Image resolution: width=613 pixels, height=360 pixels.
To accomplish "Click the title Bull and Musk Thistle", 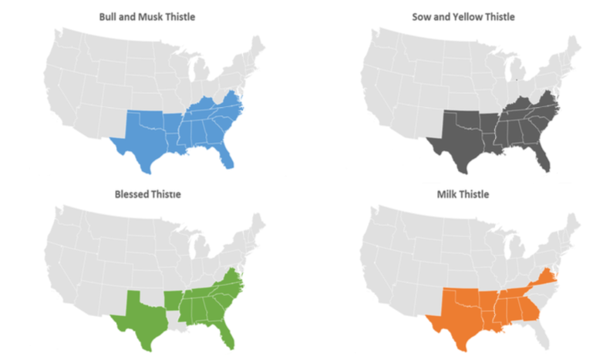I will pyautogui.click(x=147, y=15).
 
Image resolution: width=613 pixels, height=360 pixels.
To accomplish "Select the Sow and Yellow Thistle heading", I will pyautogui.click(x=463, y=16).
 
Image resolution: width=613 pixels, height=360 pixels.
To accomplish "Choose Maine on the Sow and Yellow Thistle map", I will pyautogui.click(x=574, y=48).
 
